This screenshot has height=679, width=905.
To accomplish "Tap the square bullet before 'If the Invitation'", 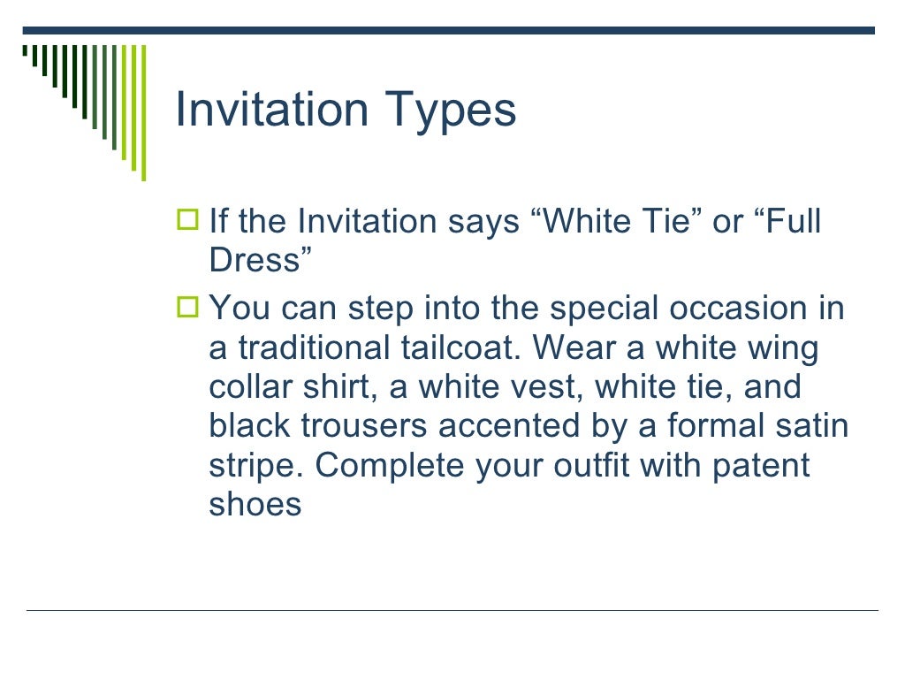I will (188, 219).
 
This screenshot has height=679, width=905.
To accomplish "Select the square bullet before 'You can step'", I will (188, 308).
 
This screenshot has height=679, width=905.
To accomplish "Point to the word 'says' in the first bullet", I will (483, 222).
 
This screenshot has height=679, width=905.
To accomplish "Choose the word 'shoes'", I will (255, 504).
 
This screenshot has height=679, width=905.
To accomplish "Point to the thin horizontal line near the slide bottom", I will (452, 610).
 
